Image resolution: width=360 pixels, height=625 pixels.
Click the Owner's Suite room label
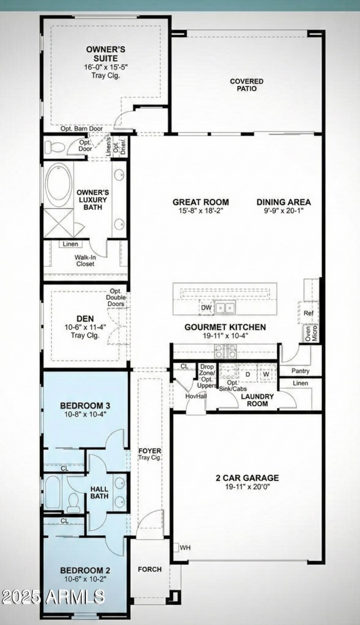pos(106,54)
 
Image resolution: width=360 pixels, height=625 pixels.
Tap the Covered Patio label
pos(247,85)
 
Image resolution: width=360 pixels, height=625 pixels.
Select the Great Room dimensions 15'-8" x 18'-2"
pos(201,210)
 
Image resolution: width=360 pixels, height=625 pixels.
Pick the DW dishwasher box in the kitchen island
pos(206,308)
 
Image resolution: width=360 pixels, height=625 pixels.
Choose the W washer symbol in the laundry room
pos(266,374)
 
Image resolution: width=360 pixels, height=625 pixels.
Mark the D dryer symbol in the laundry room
pos(247,374)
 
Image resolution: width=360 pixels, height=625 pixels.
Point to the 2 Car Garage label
pos(247,478)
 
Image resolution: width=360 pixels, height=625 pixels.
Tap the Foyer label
pos(150,451)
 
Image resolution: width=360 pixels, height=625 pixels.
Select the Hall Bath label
pos(99,492)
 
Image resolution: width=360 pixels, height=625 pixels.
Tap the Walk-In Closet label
pos(85,261)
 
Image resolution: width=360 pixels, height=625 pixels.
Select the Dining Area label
pos(283,202)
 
